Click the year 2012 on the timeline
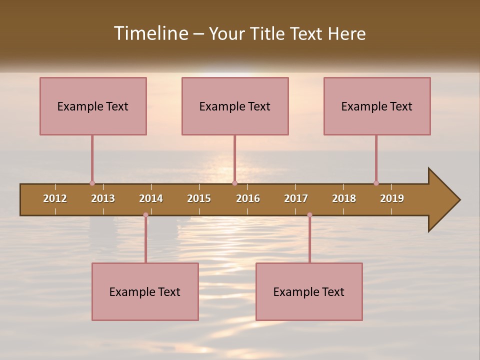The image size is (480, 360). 55,198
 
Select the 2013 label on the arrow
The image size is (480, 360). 103,198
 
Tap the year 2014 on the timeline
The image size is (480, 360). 151,198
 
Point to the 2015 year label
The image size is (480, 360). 199,198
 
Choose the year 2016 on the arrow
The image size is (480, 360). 248,198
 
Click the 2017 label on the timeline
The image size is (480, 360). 296,198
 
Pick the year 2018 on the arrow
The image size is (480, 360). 344,198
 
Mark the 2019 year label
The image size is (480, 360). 392,198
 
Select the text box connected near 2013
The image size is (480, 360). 93,106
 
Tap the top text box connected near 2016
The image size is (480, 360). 235,106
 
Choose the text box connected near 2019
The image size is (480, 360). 377,106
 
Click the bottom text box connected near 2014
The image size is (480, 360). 145,291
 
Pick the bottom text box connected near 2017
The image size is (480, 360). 309,291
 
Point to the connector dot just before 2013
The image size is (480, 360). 92,183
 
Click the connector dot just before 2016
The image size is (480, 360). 234,183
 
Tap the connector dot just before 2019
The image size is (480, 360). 376,183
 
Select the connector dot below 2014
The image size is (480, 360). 145,215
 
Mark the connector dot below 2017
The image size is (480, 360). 309,215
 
